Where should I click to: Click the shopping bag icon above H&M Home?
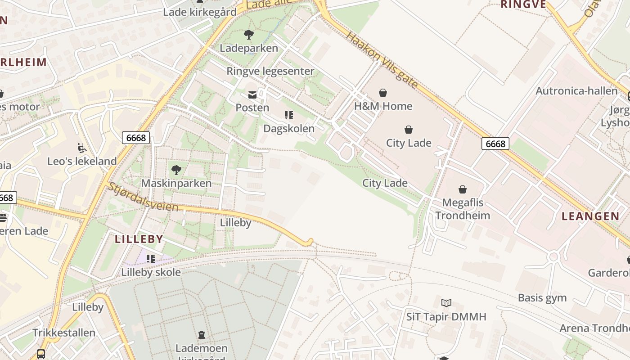(383, 93)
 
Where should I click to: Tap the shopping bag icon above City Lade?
(409, 130)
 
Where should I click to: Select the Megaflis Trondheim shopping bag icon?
(463, 189)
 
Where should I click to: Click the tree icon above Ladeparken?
(248, 35)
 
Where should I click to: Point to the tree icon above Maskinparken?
(176, 170)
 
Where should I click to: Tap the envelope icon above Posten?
(252, 95)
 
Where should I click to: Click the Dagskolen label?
(289, 129)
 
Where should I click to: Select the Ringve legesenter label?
(270, 71)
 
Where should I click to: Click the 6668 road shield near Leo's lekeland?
(136, 138)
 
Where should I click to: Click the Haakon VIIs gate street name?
(382, 59)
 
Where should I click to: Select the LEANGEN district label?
(590, 216)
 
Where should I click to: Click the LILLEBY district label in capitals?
(139, 239)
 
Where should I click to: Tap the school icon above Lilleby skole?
(151, 259)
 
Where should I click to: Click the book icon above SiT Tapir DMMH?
(446, 303)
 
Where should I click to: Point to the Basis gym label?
(542, 298)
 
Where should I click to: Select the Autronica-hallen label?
(576, 91)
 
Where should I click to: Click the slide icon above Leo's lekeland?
(81, 148)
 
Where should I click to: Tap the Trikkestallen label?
(64, 333)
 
